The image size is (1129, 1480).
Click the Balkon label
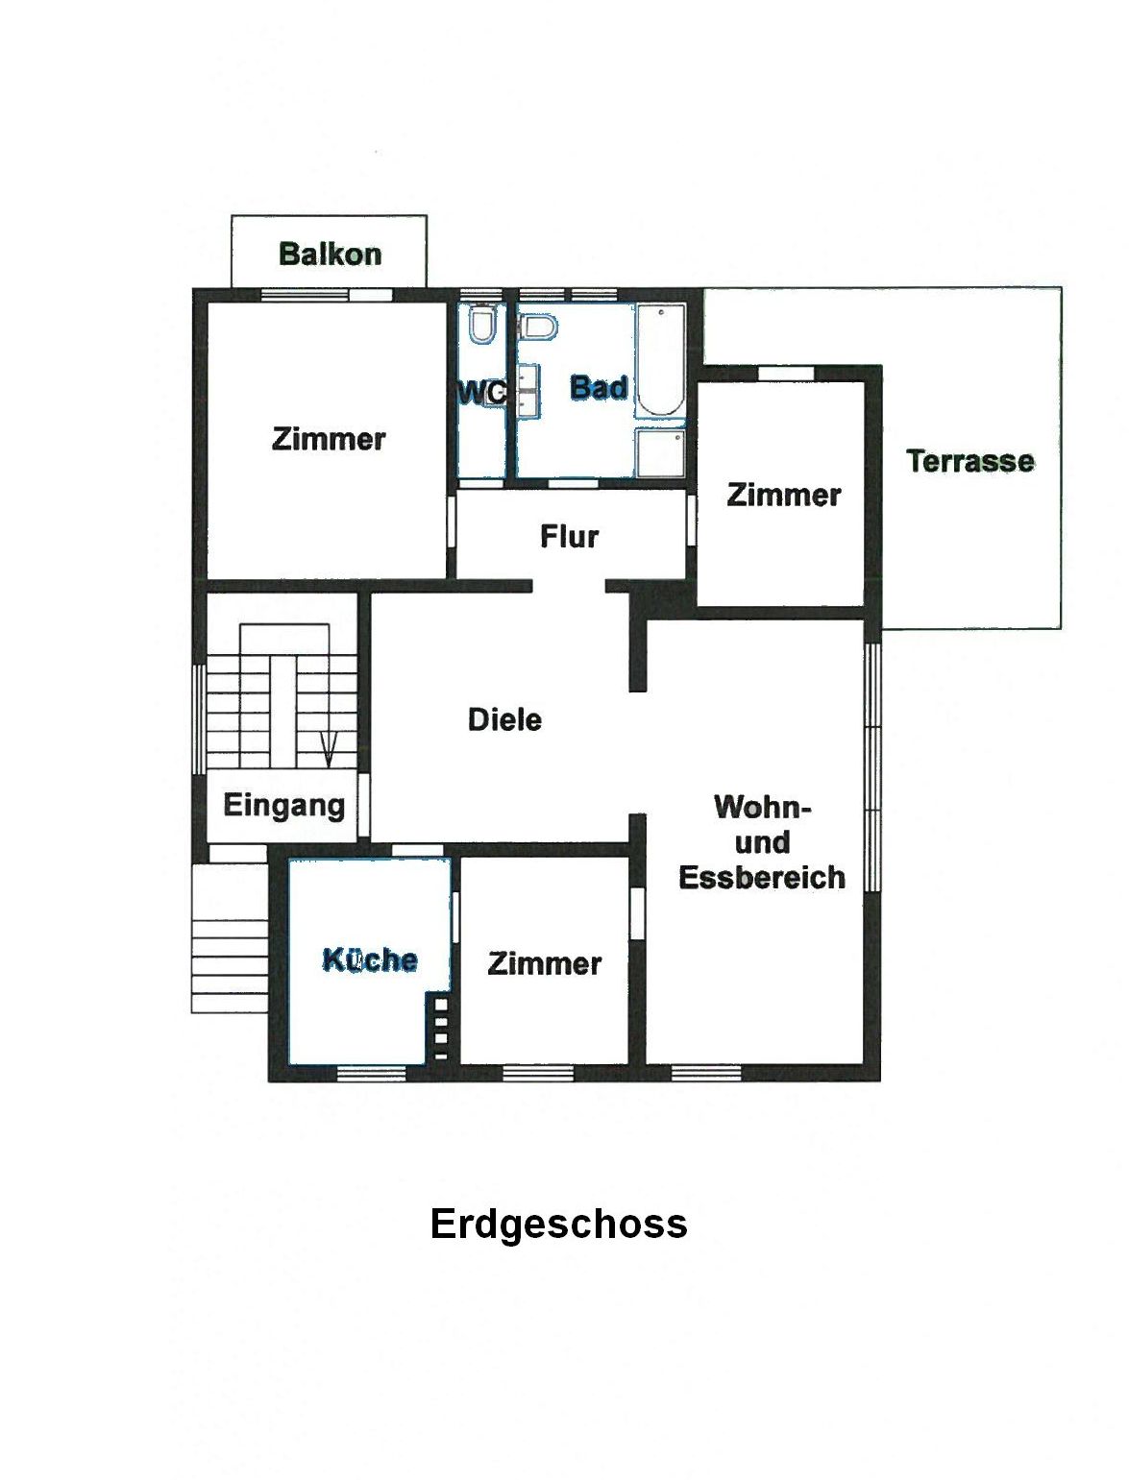330,255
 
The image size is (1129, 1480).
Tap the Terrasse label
969,461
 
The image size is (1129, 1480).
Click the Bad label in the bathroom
599,388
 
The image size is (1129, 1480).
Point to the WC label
481,393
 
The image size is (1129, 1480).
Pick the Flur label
569,537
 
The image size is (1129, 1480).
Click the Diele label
504,720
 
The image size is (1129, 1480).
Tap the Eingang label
284,806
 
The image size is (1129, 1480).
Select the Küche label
370,960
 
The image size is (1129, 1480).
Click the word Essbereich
761,877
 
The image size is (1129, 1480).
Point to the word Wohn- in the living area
762,807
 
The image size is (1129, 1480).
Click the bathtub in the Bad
660,361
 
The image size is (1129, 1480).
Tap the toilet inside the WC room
481,324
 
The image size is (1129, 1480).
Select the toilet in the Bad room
537,328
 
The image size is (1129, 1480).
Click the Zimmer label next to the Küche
544,963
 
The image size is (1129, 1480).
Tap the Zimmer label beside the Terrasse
784,496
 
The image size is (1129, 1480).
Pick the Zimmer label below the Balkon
329,439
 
